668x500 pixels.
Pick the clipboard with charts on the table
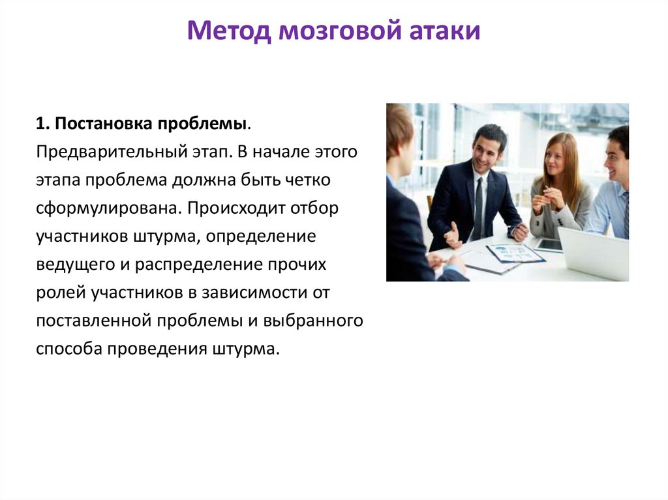(x=515, y=253)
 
